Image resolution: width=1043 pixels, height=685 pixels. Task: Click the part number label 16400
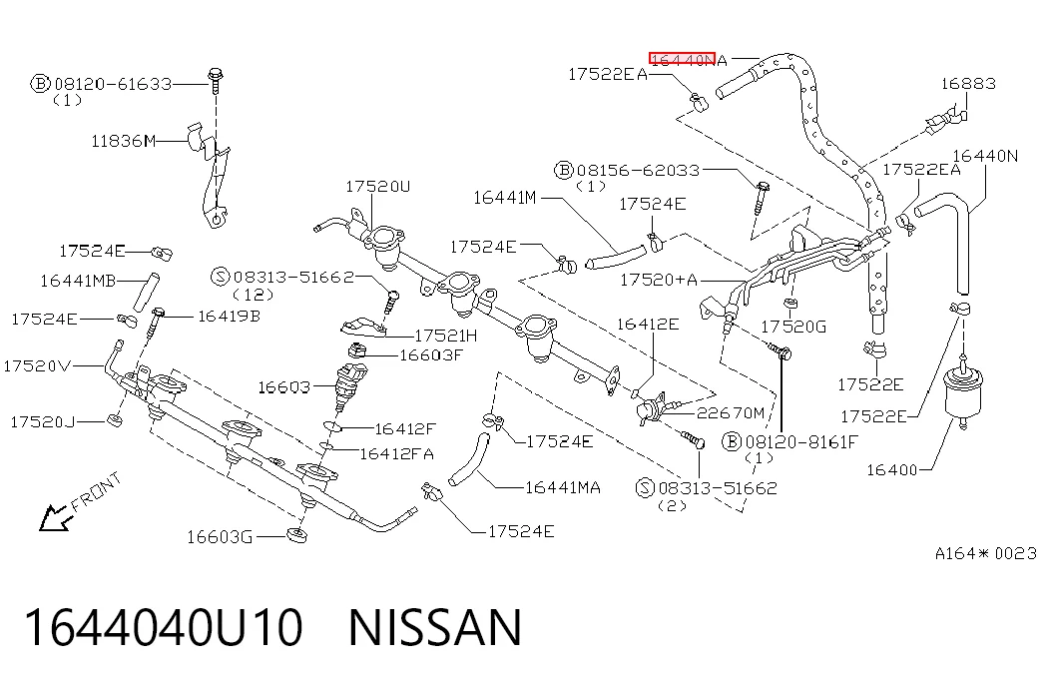[x=891, y=470]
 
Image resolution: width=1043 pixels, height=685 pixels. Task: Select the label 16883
[x=968, y=84]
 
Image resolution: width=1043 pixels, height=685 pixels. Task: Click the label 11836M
[x=124, y=141]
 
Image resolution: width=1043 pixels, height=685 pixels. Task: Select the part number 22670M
[x=731, y=413]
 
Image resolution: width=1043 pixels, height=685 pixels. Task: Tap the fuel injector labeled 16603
[x=350, y=387]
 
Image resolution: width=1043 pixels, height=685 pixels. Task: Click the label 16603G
[x=220, y=537]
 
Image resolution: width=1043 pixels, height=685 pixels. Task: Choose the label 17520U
[x=378, y=187]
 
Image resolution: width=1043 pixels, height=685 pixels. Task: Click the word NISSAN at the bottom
[x=435, y=627]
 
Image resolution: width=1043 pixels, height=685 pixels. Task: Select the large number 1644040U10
[x=164, y=627]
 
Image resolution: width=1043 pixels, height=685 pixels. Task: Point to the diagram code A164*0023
[x=986, y=553]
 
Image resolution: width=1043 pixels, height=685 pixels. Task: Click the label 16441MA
[x=563, y=488]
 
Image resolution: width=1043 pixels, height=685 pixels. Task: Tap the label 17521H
[x=446, y=336]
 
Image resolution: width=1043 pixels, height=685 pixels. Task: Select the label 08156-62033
[x=638, y=171]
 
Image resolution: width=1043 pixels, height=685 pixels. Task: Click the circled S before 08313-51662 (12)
[x=221, y=277]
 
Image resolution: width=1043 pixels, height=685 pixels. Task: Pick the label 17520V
[x=37, y=366]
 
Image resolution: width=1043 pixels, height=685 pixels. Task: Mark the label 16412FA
[x=397, y=454]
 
